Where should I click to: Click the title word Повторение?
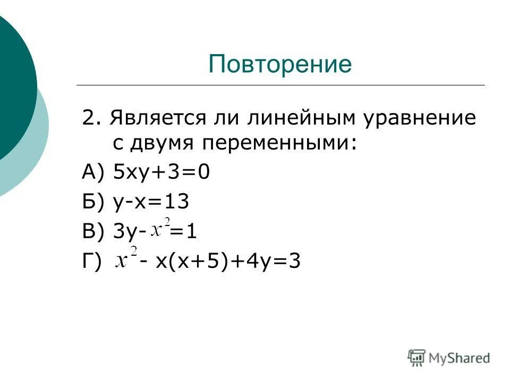pos(280,64)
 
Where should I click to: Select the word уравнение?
pos(420,118)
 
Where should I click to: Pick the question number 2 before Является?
pos(88,118)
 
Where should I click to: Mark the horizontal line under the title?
pos(280,85)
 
